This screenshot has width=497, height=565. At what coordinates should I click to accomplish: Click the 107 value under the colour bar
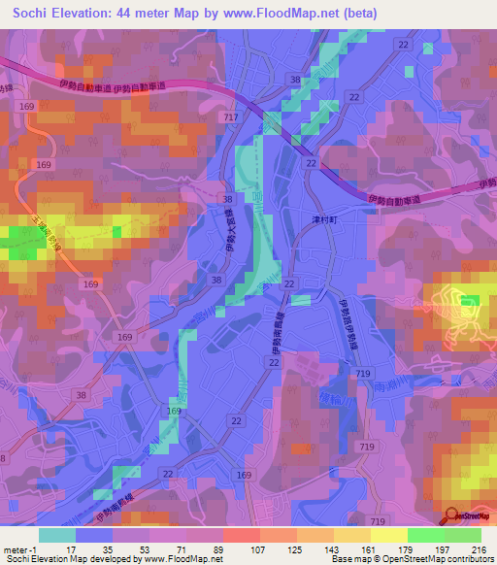pos(260,548)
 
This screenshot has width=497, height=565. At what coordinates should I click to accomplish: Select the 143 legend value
pos(334,548)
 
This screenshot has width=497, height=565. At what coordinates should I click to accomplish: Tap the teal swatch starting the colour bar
pos(57,535)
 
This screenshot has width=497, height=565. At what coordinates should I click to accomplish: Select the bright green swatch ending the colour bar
pos(463,535)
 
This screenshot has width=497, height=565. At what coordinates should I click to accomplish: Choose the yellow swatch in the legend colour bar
pos(389,535)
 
